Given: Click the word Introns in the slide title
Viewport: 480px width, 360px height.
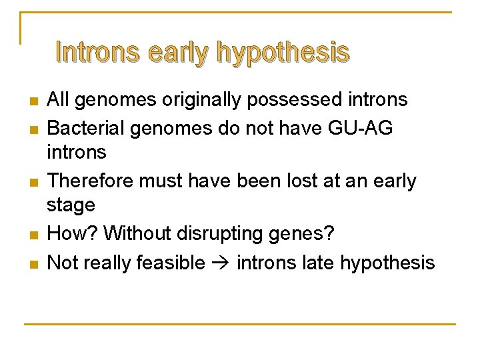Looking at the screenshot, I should point(99,52).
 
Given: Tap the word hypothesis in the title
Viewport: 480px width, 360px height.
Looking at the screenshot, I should point(283,53).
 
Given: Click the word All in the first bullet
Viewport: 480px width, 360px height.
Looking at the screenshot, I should point(60,100).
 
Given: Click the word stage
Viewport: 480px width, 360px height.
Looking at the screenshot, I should point(71,206).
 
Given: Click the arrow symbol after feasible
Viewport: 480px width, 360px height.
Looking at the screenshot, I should point(221,263).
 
